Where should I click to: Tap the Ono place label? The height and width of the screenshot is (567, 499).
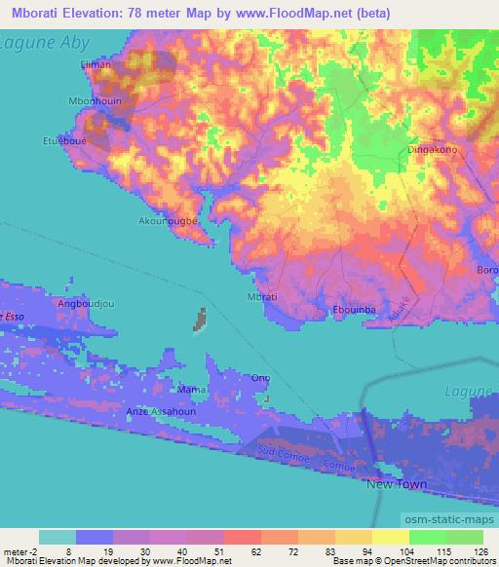click(260, 378)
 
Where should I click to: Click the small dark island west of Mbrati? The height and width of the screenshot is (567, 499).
click(202, 320)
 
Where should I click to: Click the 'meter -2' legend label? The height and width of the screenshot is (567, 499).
click(19, 549)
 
